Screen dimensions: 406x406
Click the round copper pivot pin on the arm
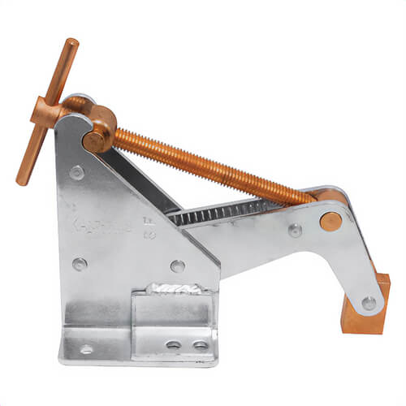click(x=330, y=220)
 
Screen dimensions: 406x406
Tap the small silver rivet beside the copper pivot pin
click(x=295, y=230)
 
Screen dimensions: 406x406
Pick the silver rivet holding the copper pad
click(x=369, y=303)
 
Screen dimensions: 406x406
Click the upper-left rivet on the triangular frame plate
click(x=76, y=172)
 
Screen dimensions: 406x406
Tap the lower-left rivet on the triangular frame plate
click(x=80, y=264)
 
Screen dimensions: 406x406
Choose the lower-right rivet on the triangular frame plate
click(x=177, y=266)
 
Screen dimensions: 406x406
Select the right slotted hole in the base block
click(x=200, y=345)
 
